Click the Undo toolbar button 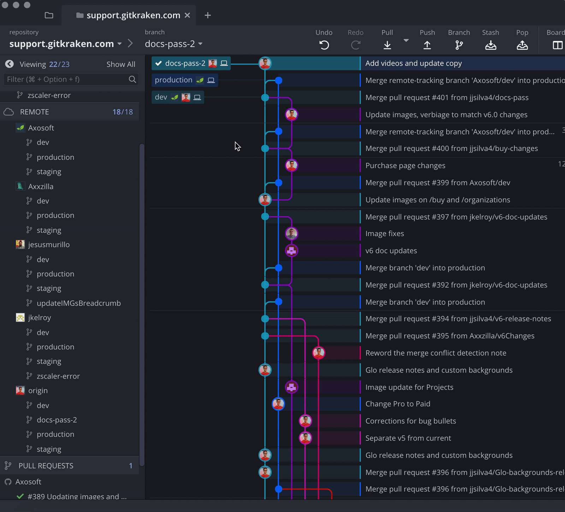[324, 45]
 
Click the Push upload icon [427, 45]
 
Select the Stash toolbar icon [490, 45]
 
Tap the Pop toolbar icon [522, 45]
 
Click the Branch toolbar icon [459, 45]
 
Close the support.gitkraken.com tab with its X [188, 15]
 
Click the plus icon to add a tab [208, 15]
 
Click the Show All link [121, 64]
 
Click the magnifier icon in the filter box [132, 79]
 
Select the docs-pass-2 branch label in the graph [185, 64]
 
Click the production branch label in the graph [173, 80]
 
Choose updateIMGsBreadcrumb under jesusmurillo [78, 303]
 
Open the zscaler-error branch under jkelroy [58, 376]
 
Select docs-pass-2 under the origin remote [56, 420]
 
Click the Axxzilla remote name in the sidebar [41, 186]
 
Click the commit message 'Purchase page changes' [405, 165]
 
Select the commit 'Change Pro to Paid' [398, 404]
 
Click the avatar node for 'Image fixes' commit [291, 234]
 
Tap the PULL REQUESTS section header [46, 466]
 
